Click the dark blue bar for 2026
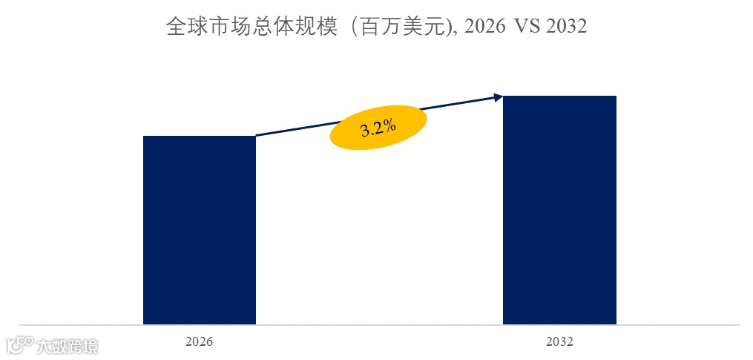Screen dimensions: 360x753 coord(199,230)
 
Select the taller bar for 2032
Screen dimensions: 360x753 coord(559,210)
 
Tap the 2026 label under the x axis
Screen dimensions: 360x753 coord(199,342)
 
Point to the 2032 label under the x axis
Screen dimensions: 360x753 coord(559,342)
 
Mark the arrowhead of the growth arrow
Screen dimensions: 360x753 coord(499,96)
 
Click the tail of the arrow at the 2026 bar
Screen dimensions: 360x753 coord(257,135)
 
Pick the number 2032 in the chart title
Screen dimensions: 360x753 coord(566,27)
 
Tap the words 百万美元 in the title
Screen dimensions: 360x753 coord(401,27)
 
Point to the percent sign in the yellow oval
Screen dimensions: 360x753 coord(389,125)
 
